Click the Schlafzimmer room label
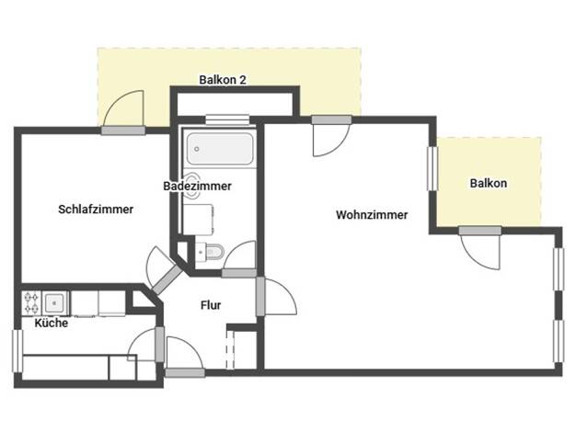click(x=96, y=210)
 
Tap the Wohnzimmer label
click(x=372, y=215)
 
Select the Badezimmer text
click(x=197, y=186)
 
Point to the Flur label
click(x=211, y=305)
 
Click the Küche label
click(x=52, y=323)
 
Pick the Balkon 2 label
click(x=223, y=80)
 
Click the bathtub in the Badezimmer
click(x=220, y=148)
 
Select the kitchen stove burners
click(x=31, y=303)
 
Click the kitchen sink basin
click(x=54, y=302)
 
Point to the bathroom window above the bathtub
click(x=227, y=119)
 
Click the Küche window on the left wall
click(x=17, y=351)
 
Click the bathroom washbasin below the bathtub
click(x=191, y=186)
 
